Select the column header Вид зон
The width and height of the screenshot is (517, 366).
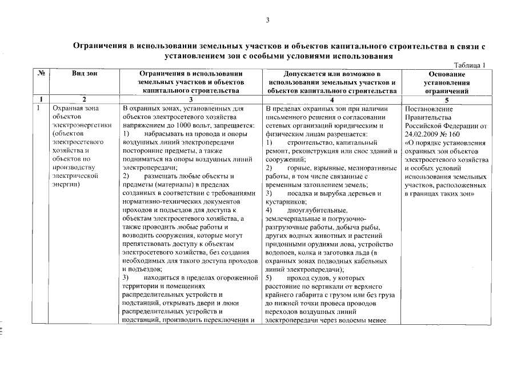[84, 74]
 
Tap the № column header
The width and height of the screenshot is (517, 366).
[42, 74]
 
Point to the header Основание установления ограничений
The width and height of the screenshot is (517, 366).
[446, 82]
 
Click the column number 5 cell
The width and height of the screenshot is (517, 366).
[446, 99]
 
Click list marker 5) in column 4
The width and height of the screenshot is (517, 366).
[269, 277]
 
